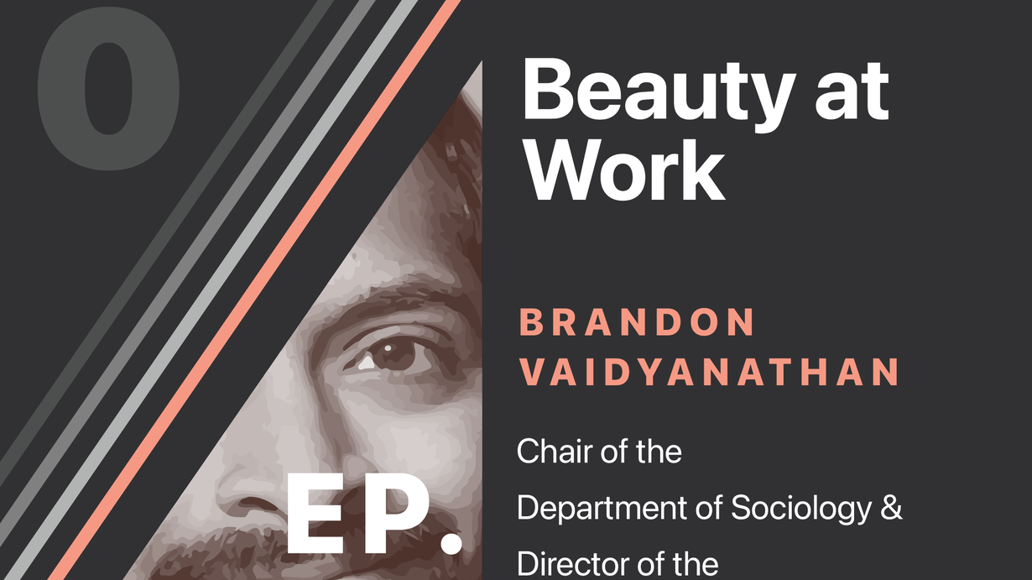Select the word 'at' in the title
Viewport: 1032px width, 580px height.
[852, 91]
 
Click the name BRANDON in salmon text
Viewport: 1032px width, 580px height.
[637, 321]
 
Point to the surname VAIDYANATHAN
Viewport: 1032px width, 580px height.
[709, 372]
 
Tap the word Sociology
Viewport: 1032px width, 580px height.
[801, 509]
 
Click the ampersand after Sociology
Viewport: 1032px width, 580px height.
[890, 508]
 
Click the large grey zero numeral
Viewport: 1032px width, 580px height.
[109, 88]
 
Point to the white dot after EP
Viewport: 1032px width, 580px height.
[451, 543]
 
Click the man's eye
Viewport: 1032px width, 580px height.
[389, 354]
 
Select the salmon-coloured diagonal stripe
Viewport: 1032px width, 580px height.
[254, 290]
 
